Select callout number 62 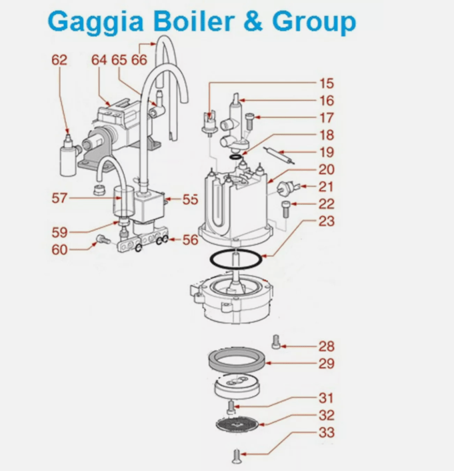(59, 60)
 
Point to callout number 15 (327, 84)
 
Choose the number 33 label (326, 432)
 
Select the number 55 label (191, 199)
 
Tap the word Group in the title (313, 21)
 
